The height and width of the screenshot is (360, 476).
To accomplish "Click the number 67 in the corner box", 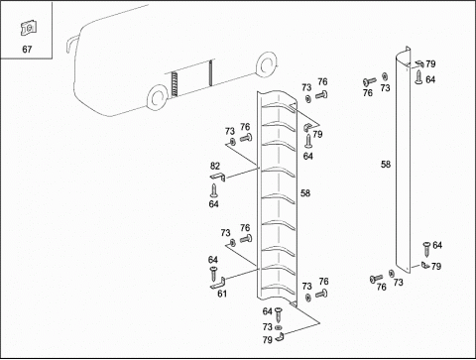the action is coord(27,50).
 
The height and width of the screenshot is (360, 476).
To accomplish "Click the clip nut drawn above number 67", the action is coord(29,28).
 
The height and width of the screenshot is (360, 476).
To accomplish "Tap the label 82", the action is coord(215,166).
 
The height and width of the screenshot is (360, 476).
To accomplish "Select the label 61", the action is coord(222,294).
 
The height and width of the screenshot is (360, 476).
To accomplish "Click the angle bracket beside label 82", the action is coord(218,177).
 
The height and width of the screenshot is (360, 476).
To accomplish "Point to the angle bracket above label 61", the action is coord(218,284).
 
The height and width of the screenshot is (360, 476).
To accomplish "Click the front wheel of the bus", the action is coord(157,97).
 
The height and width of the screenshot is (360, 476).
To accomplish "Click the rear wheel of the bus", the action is coord(266,65).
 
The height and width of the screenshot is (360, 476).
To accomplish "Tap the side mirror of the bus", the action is coord(71,44).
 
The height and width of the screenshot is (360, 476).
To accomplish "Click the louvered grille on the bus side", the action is coord(175,84).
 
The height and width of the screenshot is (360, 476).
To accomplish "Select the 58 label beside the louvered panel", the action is coord(305,193).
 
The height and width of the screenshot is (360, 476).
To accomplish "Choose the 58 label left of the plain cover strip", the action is coord(386,165).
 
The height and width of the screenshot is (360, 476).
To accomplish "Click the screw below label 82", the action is coord(214,190).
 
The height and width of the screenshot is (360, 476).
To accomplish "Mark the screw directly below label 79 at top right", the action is coord(419,77).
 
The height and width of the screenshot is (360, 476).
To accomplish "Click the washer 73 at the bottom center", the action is coord(278,327).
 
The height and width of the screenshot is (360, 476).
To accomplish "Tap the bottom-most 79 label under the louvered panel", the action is coord(268,339).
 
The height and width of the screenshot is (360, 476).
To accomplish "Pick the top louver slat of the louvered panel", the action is coord(279,106).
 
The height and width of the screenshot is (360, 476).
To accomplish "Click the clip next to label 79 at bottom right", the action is coord(424,265).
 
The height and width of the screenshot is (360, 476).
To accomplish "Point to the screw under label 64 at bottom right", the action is coord(426,249).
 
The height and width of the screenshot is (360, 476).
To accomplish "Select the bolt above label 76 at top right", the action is coord(369,81).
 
